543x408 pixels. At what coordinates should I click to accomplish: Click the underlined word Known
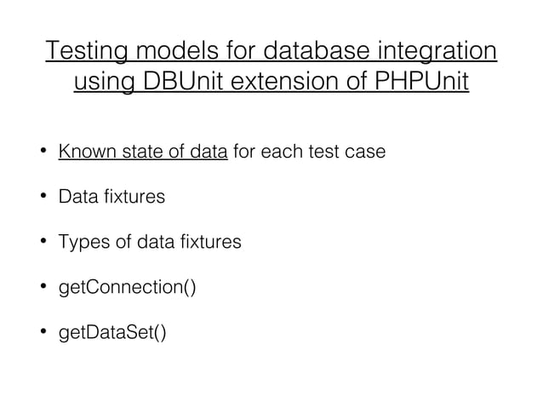(x=82, y=152)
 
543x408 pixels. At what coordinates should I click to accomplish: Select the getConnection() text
(x=127, y=287)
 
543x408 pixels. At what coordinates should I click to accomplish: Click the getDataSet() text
(x=112, y=331)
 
